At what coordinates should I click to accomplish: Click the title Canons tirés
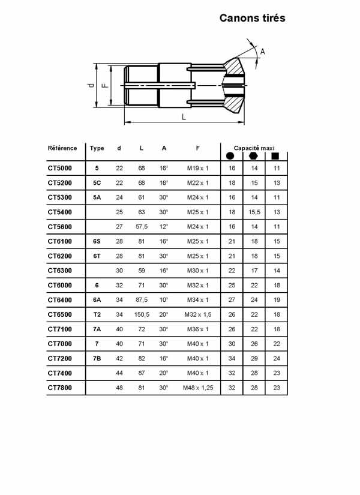click(x=252, y=18)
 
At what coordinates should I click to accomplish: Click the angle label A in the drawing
click(x=262, y=52)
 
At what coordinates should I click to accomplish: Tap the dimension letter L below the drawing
click(x=184, y=117)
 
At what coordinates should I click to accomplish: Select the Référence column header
click(x=62, y=148)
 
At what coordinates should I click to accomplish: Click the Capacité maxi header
click(x=254, y=148)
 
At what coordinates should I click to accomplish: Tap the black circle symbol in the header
click(x=231, y=156)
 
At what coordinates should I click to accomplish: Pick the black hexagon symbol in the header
click(x=254, y=156)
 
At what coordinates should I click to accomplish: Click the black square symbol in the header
click(x=276, y=156)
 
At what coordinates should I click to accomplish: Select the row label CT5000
click(x=60, y=169)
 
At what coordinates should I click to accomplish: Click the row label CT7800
click(x=60, y=388)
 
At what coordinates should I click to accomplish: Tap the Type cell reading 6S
click(x=97, y=241)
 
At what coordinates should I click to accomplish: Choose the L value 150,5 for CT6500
click(x=141, y=314)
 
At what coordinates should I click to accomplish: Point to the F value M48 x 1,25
click(x=198, y=388)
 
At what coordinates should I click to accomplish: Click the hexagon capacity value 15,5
click(x=254, y=212)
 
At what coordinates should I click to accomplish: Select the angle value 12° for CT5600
click(x=164, y=227)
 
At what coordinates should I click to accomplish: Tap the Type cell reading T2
click(x=97, y=314)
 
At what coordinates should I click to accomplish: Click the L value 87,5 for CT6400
click(x=141, y=300)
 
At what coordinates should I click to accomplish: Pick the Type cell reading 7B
click(x=97, y=358)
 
